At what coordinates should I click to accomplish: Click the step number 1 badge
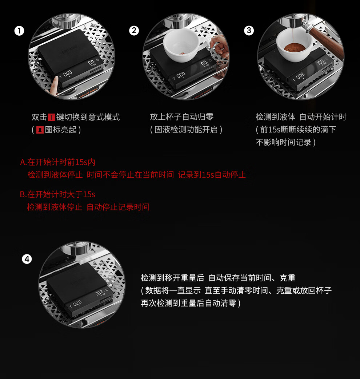click(x=19, y=31)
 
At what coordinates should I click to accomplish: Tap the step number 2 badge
click(x=134, y=31)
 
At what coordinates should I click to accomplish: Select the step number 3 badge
click(x=249, y=31)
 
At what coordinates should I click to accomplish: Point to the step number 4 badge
click(x=27, y=259)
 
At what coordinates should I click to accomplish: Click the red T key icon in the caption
click(x=52, y=117)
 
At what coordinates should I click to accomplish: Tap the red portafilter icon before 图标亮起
click(x=40, y=130)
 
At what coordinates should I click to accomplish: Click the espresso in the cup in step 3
click(x=295, y=47)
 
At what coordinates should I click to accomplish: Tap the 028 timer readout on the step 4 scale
click(x=77, y=303)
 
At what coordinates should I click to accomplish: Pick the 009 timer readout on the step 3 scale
click(x=300, y=76)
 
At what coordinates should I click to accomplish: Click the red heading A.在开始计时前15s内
click(x=57, y=162)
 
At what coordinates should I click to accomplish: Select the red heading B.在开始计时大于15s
click(x=57, y=194)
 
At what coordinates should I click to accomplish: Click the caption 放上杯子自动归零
click(x=181, y=117)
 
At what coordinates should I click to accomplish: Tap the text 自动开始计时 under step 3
click(x=323, y=117)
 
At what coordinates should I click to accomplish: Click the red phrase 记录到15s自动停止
click(x=212, y=175)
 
